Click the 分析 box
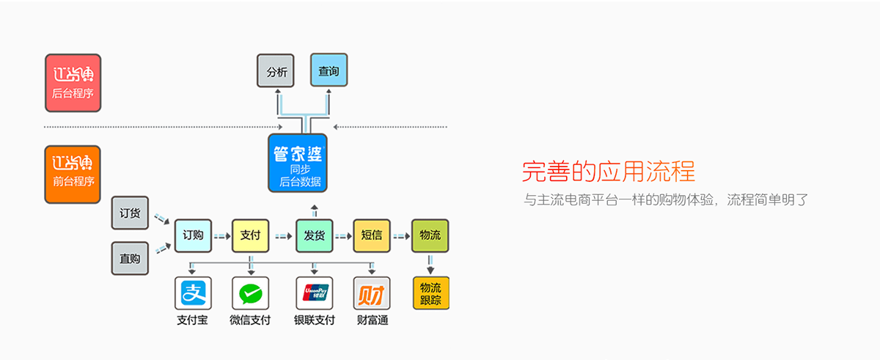tap(276, 72)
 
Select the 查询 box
tap(329, 72)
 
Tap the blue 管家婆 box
tap(298, 163)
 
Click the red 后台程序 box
tap(73, 83)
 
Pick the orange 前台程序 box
tap(73, 174)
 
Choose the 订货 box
tap(130, 213)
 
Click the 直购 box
tap(130, 258)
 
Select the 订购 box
tap(194, 235)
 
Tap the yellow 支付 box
tap(250, 235)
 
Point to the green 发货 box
tap(315, 235)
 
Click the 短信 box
tap(372, 235)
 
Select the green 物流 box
tap(430, 235)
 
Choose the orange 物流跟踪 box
tap(430, 293)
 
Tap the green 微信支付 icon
tap(250, 294)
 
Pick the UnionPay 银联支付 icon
tap(315, 294)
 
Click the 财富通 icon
tap(372, 294)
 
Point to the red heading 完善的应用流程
tap(608, 172)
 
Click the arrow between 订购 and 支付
tap(221, 236)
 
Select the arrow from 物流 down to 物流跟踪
tap(430, 262)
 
